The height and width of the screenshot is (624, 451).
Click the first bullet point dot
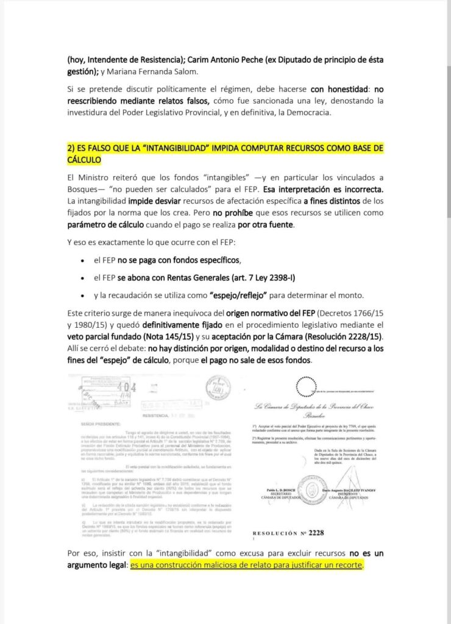pyautogui.click(x=82, y=260)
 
